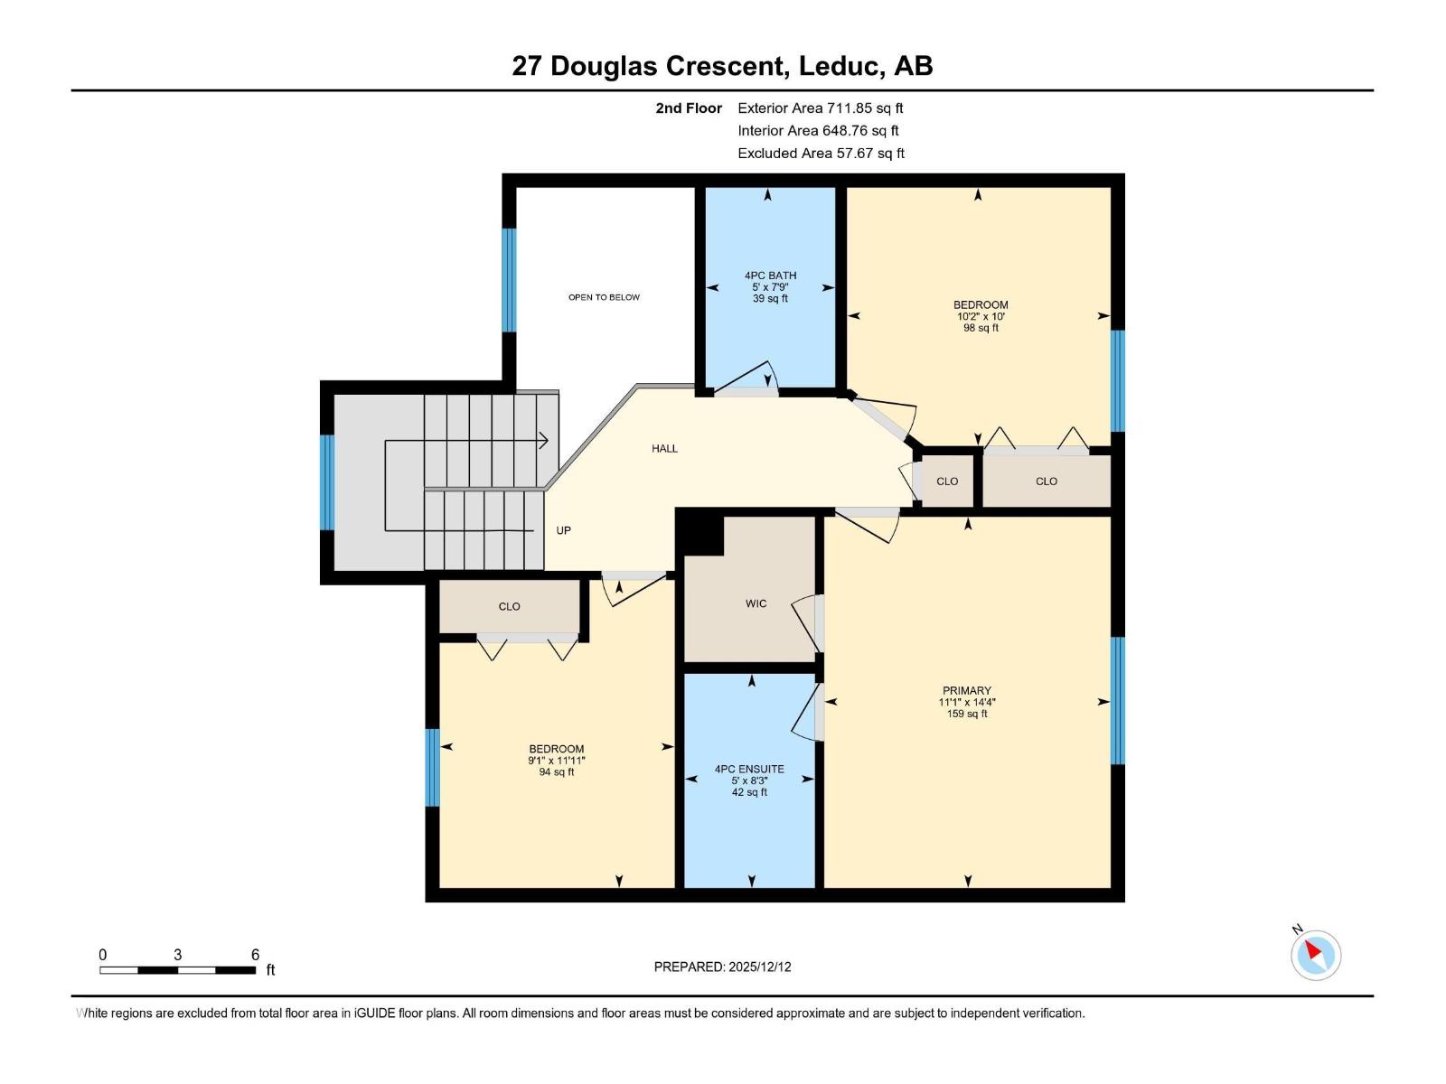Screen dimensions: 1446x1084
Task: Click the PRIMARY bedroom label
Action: point(966,690)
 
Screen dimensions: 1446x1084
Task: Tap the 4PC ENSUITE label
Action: point(749,769)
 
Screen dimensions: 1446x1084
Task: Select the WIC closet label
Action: point(756,603)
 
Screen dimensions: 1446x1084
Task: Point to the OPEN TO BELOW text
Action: point(604,297)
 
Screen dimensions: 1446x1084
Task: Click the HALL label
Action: point(664,448)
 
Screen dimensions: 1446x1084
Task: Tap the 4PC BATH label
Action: point(770,276)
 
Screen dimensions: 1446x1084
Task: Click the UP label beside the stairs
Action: point(563,530)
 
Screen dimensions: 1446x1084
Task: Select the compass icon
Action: point(1316,955)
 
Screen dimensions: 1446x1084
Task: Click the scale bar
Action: point(177,970)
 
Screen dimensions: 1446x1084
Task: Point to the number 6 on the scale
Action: point(255,954)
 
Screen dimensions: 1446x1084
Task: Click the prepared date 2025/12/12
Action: point(759,967)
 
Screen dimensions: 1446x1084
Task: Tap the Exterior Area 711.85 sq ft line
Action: point(821,107)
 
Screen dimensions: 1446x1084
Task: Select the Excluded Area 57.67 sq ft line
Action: point(821,154)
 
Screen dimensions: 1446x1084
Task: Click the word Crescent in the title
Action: point(727,66)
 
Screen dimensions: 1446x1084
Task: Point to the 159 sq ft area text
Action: point(966,714)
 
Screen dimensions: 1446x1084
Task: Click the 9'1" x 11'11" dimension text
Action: point(556,761)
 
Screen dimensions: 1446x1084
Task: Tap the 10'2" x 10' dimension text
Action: point(981,316)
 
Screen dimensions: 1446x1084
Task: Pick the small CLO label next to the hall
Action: point(946,481)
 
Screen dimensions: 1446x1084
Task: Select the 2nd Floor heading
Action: point(689,107)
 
